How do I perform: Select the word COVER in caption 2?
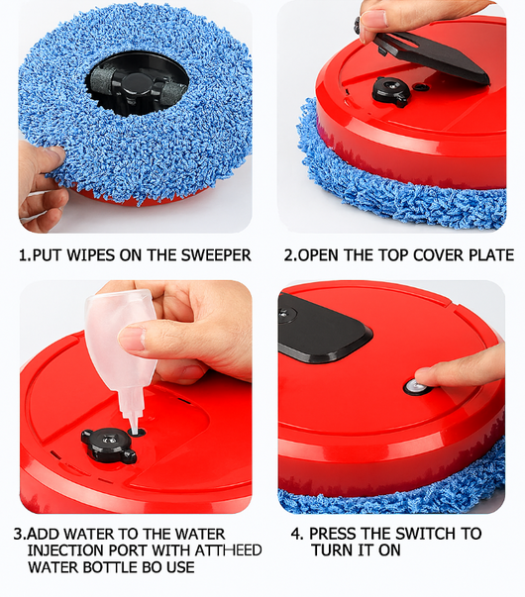438,255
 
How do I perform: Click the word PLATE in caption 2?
491,255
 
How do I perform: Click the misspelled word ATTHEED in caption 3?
228,550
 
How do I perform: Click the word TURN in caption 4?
331,550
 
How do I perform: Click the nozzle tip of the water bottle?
134,431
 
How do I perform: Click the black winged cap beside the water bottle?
109,445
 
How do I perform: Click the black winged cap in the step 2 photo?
391,91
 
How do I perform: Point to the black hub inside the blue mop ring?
137,86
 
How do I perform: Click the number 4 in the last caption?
295,534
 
